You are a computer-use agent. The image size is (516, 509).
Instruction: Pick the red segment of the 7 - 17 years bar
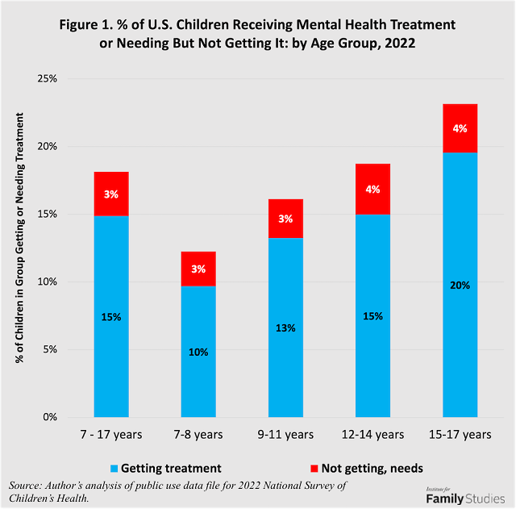coord(111,194)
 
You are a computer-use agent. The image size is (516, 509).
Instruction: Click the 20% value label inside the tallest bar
coord(460,285)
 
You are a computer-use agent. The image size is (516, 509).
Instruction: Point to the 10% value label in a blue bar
coord(198,352)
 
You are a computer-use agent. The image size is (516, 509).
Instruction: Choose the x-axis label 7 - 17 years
coord(111,435)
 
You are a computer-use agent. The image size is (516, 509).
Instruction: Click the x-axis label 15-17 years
coord(460,435)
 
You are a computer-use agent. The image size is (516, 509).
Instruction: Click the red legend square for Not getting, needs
coord(311,468)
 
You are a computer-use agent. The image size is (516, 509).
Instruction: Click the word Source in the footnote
coord(27,485)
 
